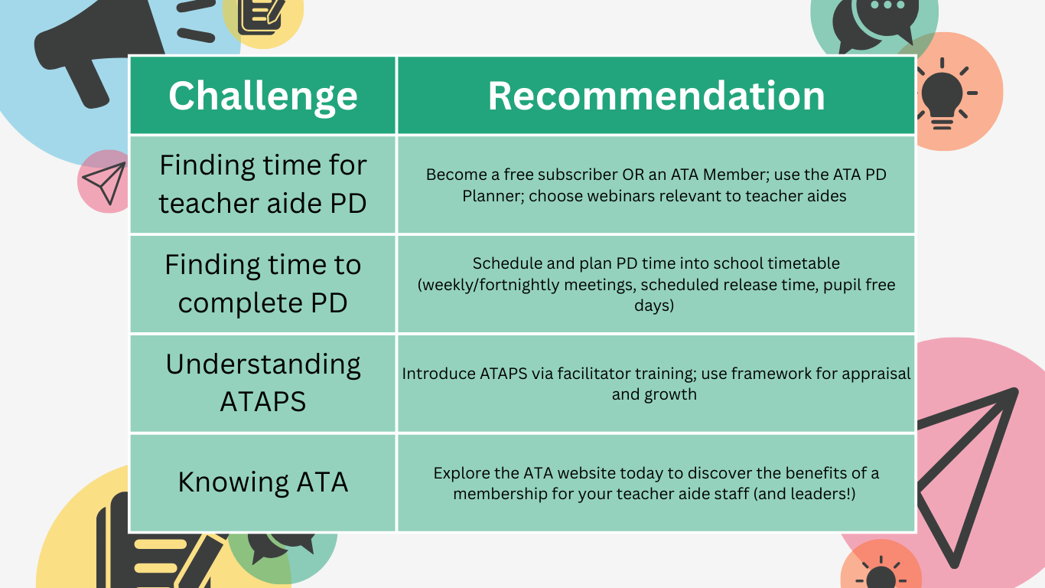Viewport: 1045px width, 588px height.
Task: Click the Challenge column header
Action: pos(262,95)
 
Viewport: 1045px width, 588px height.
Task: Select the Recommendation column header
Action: pos(656,95)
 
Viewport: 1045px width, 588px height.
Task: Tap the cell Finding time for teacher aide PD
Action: pos(262,185)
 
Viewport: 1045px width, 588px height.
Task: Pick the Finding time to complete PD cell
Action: pos(262,284)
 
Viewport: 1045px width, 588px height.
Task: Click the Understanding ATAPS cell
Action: pos(262,384)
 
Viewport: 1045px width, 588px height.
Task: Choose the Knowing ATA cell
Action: pos(262,483)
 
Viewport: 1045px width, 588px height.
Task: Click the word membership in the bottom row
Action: pos(500,494)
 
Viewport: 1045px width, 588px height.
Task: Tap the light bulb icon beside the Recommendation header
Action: pos(943,93)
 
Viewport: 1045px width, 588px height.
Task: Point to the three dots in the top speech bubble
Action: pos(887,5)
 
